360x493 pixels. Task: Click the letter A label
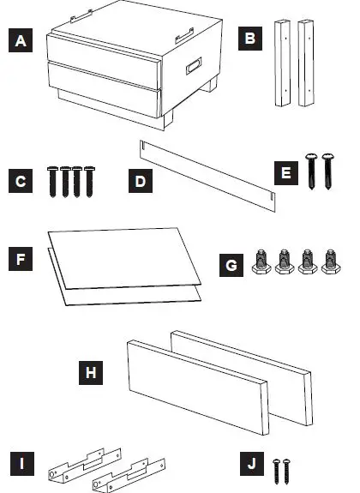19,40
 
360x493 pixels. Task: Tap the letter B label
249,40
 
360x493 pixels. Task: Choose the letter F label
19,256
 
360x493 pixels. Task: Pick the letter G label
228,266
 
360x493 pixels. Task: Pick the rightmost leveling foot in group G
328,263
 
